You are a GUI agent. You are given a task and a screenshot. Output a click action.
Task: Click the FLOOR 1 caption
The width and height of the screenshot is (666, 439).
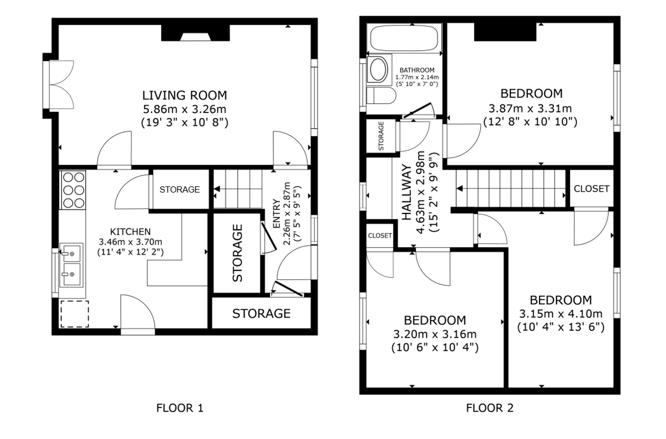180,408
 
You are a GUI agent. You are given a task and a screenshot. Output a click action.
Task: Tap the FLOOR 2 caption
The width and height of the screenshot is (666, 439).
490,408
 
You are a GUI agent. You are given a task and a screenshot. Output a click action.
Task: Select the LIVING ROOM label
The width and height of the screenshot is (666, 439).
184,95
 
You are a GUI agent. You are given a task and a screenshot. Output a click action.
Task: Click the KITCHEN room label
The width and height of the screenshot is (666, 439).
130,231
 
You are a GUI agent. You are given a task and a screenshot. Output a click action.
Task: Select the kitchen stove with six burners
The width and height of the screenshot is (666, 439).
73,190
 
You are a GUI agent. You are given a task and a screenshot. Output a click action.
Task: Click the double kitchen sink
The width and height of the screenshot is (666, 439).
71,265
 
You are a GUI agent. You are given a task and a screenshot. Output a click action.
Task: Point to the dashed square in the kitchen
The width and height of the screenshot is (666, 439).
75,314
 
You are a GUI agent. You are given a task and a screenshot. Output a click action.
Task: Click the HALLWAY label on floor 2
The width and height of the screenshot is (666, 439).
407,193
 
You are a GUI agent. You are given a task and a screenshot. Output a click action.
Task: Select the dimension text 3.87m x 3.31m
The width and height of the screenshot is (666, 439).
530,108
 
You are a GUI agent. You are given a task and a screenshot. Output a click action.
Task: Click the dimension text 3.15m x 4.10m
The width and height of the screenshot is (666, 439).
561,314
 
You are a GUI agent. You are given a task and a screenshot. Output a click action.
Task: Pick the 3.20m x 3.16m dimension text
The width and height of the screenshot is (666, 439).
435,334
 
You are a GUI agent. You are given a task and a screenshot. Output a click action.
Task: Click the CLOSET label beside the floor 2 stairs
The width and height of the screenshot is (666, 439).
591,189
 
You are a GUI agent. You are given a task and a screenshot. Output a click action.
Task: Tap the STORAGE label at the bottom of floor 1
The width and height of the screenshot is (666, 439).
261,314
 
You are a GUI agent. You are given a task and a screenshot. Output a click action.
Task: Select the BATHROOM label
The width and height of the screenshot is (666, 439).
417,70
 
